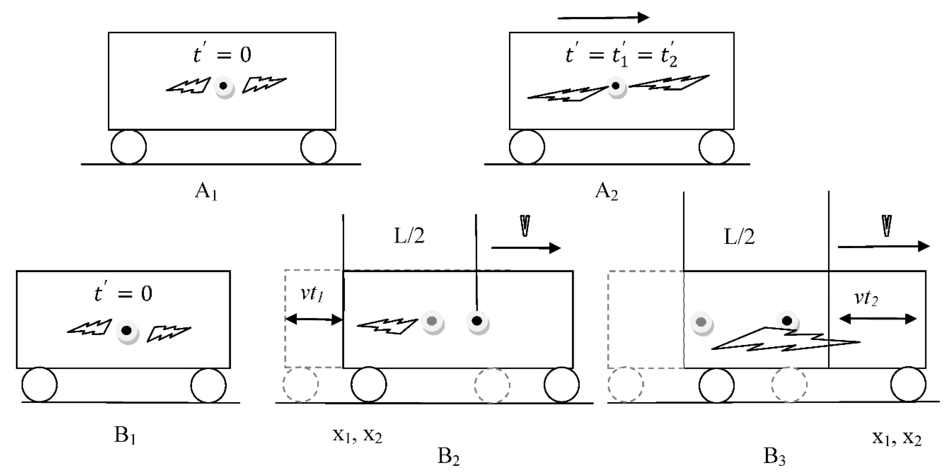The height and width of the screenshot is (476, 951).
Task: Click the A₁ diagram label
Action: pos(206,192)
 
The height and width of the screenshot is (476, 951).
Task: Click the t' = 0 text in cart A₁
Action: pos(222,55)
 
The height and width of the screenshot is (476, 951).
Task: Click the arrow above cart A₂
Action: pos(603,17)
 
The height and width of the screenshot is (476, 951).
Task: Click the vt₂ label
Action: pos(866,298)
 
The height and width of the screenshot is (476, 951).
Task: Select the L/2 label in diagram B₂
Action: pos(409,236)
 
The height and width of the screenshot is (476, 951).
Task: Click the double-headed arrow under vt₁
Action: pos(314,320)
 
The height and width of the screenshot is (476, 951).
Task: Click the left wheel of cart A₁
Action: pos(129,147)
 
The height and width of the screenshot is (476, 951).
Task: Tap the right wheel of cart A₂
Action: pos(716,147)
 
